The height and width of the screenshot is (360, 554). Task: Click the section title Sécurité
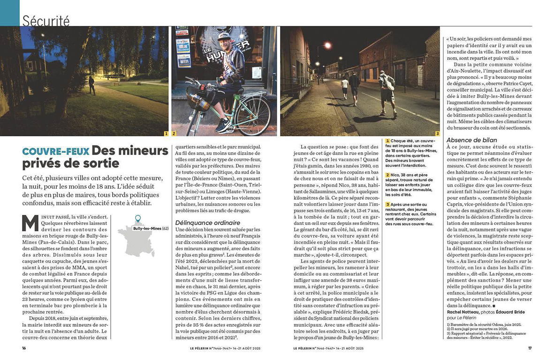[x=46, y=21]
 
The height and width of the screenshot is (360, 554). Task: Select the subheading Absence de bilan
[x=471, y=140]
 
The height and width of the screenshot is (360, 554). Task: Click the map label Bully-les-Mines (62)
[x=151, y=228]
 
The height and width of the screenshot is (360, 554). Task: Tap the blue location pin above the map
[x=137, y=219]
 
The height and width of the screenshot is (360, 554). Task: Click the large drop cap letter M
[x=30, y=223]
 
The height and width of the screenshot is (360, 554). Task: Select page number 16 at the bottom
[x=24, y=348]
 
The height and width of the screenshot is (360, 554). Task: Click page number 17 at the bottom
[x=530, y=348]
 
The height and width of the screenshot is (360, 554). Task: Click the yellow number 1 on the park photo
[x=166, y=134]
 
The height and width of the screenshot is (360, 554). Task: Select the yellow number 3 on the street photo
[x=437, y=134]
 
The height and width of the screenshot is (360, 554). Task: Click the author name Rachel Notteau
[x=464, y=312]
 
